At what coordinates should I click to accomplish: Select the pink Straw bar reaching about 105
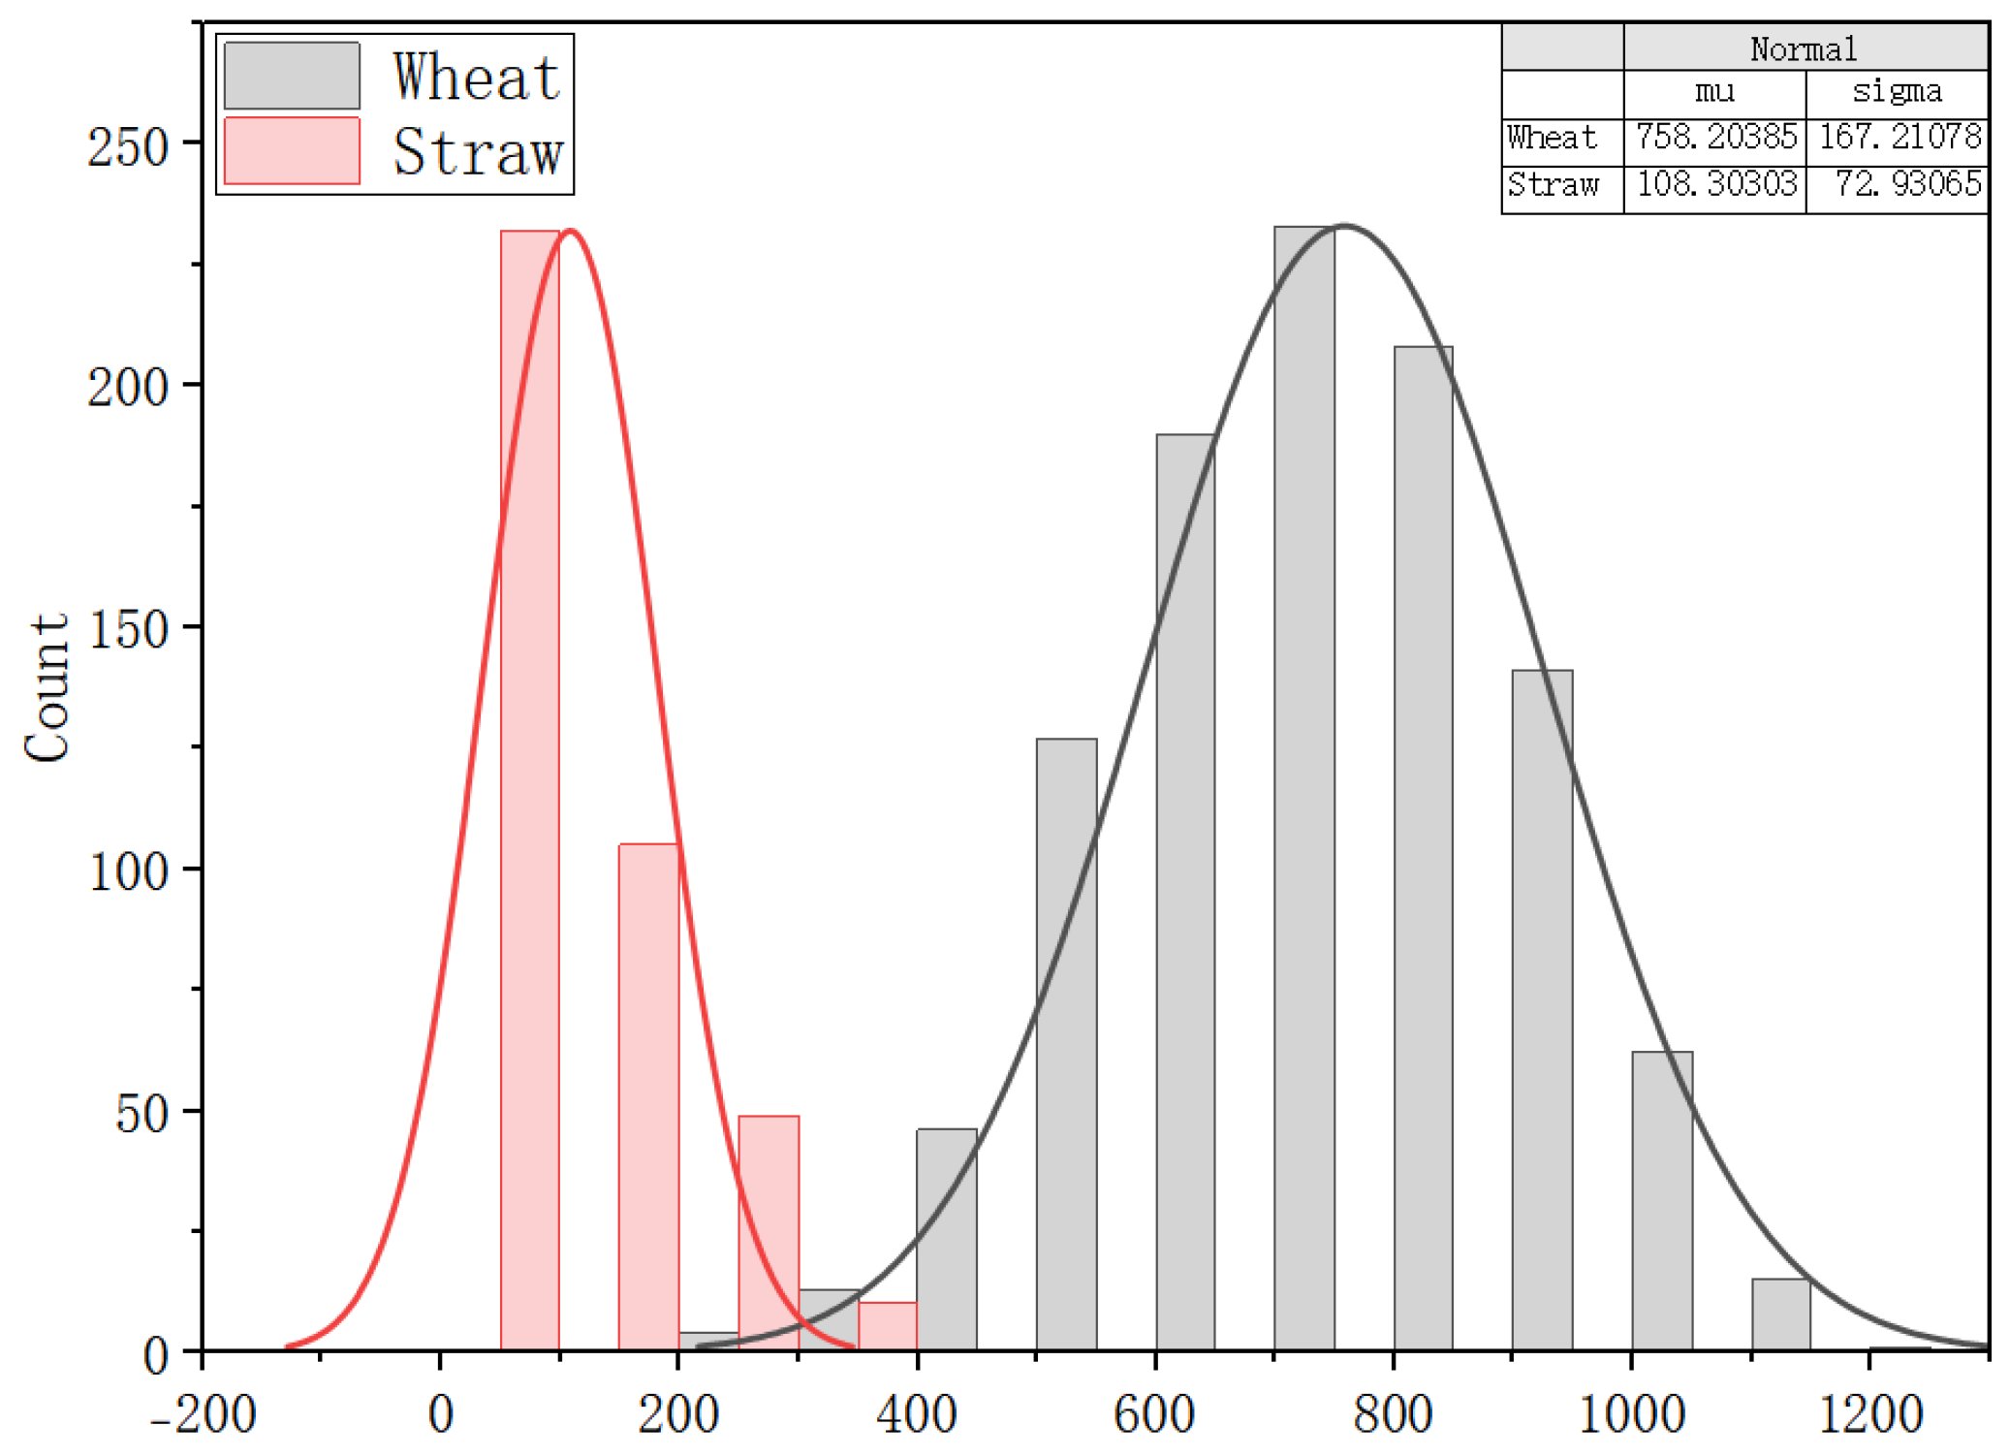tap(648, 1095)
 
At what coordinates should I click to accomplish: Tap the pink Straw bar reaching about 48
tap(768, 1231)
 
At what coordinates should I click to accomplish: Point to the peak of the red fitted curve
tap(571, 231)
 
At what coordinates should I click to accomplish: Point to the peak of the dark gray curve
tap(1345, 226)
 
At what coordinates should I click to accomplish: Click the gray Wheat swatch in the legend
tap(292, 76)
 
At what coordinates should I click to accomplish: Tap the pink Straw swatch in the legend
tap(292, 150)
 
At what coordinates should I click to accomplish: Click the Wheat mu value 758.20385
tap(1715, 137)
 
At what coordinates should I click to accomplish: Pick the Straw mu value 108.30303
tap(1715, 183)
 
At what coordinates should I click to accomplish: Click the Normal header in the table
tap(1804, 48)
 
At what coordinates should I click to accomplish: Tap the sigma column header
tap(1897, 91)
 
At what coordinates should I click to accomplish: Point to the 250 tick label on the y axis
tap(128, 147)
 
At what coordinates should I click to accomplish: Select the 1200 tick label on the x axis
tap(1869, 1414)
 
